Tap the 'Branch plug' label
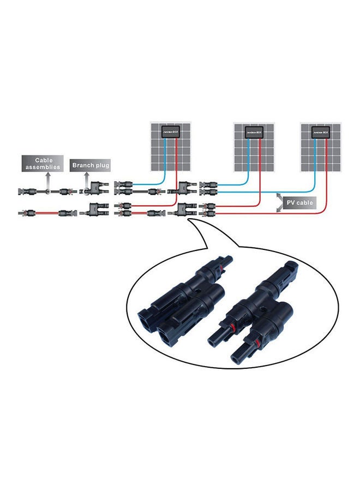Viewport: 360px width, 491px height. point(91,165)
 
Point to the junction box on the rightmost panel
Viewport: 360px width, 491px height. point(320,132)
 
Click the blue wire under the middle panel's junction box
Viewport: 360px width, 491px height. point(248,158)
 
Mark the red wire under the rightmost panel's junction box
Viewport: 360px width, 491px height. point(326,164)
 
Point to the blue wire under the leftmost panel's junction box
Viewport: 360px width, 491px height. point(163,161)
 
